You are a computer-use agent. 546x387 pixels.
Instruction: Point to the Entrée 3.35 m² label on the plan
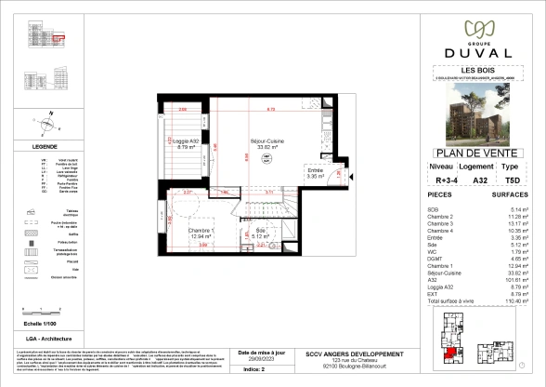(x=318, y=170)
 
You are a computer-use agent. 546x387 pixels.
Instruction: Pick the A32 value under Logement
(x=455, y=181)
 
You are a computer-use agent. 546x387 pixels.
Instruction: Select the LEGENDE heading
(x=45, y=147)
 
